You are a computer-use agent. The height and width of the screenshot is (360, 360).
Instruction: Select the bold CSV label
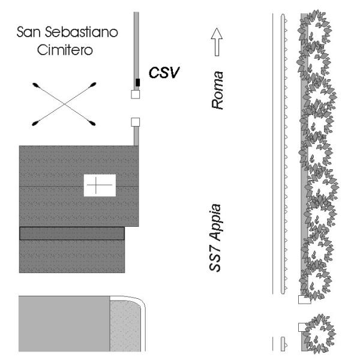(x=163, y=74)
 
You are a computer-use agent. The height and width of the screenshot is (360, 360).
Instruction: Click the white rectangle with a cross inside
(x=100, y=185)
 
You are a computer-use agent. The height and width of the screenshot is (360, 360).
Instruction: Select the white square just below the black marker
(x=136, y=94)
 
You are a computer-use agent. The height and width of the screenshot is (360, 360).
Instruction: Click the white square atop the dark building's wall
(x=135, y=122)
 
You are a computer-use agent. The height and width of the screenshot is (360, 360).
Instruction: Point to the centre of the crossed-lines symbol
(x=64, y=104)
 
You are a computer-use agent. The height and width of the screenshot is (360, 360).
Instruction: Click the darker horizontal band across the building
(x=72, y=233)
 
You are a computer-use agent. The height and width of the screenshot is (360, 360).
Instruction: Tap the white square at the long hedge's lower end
(x=302, y=300)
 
